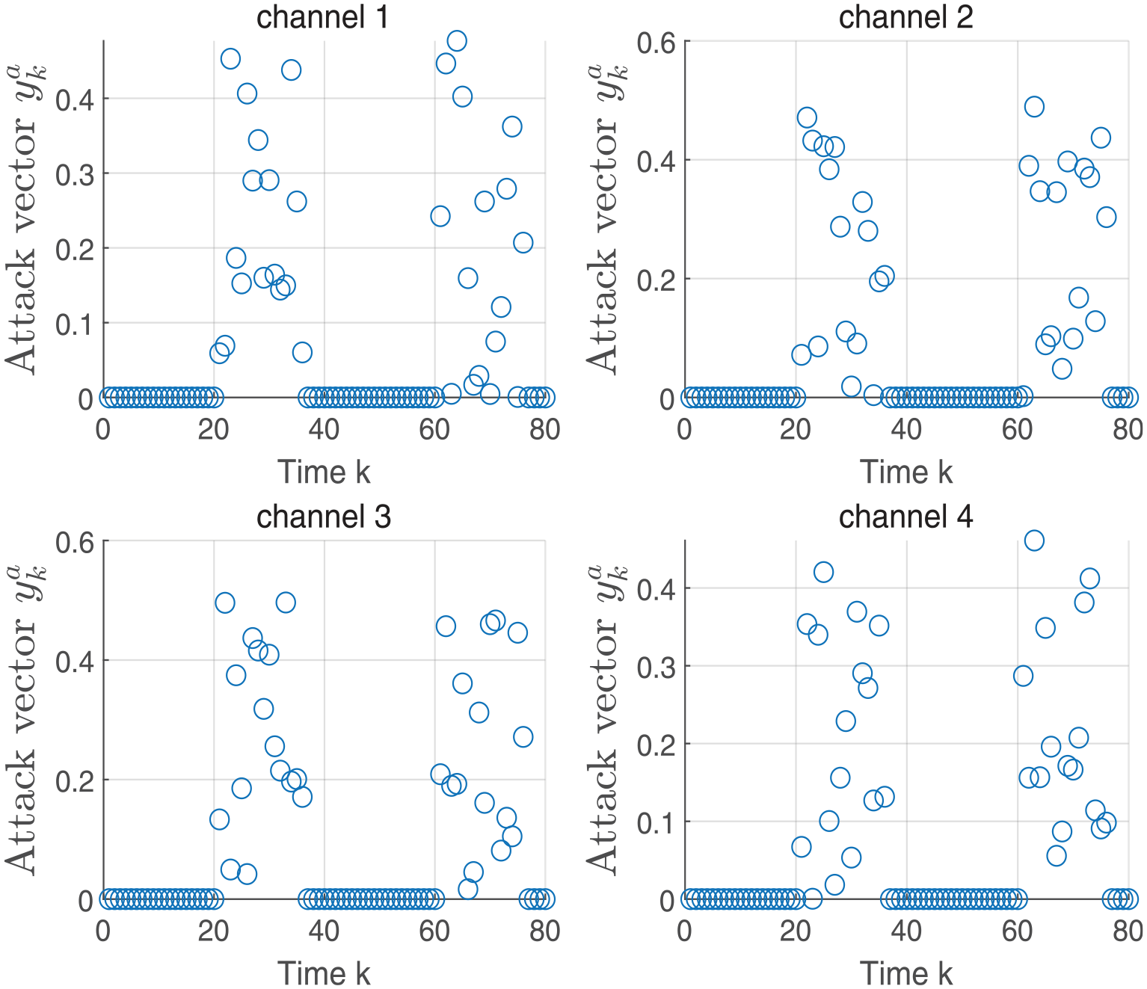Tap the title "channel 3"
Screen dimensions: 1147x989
pos(324,517)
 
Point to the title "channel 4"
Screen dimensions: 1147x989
pos(905,517)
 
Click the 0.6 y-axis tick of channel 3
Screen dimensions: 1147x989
pos(74,542)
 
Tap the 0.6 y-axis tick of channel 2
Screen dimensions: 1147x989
pos(656,43)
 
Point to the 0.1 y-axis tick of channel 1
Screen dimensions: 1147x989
pos(74,324)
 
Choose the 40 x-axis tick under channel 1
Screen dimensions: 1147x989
pos(324,430)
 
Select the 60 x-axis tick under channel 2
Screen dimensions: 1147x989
pos(1017,430)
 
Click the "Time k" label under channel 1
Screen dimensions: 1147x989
pos(324,472)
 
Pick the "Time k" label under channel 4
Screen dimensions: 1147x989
pos(906,973)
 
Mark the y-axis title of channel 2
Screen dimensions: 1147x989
pos(607,220)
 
